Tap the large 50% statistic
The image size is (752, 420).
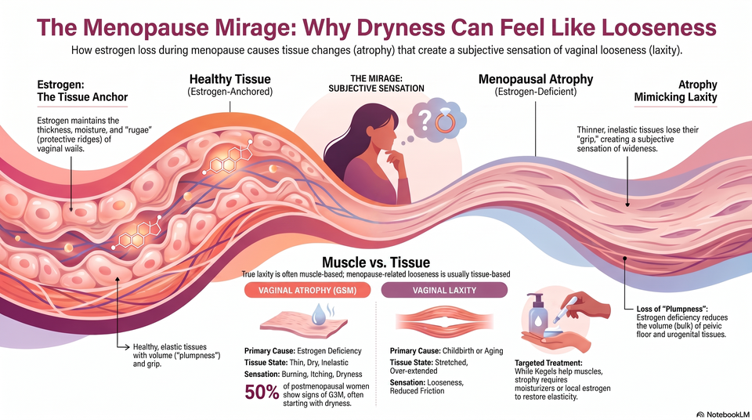coord(262,392)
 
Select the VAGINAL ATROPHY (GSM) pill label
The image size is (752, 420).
coord(307,291)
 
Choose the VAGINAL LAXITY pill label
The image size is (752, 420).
coord(444,291)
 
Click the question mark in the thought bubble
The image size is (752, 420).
coord(425,121)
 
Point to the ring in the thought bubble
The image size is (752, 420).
coord(445,121)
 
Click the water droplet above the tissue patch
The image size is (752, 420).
coord(319,314)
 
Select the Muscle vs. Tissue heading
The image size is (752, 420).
coord(376,262)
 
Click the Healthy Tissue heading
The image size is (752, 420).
coord(230,79)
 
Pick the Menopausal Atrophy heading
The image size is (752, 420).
coord(536,79)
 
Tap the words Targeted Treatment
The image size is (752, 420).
coord(548,364)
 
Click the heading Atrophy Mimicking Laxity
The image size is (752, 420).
coord(675,91)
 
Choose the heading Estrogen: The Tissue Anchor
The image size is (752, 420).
coord(82,91)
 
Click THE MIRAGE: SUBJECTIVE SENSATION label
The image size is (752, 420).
coord(376,83)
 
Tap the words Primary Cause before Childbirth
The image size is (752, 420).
coord(415,351)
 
